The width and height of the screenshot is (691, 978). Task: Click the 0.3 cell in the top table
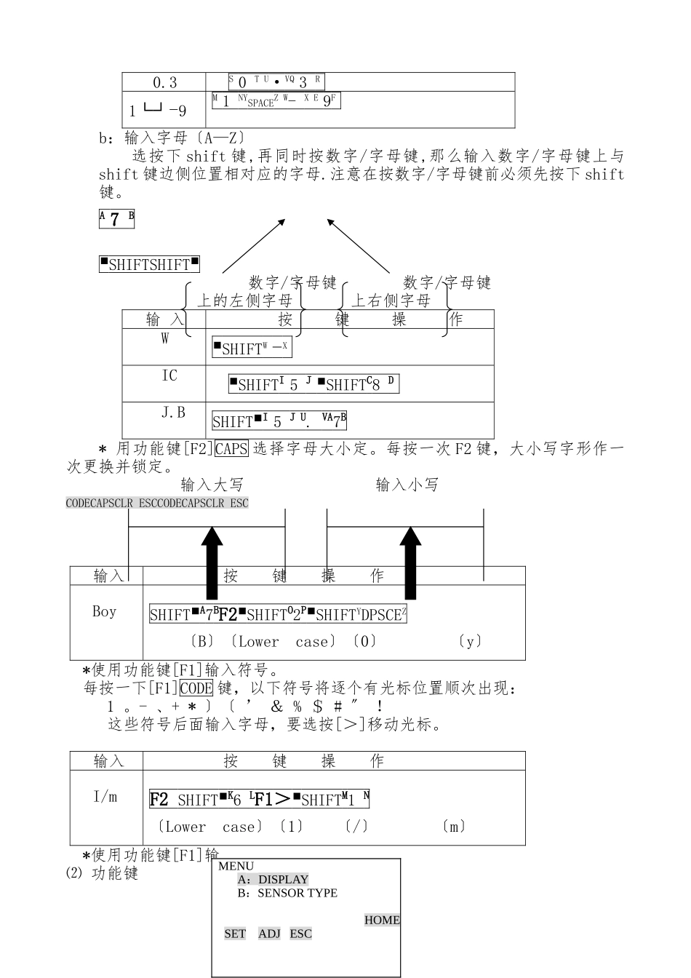click(x=164, y=82)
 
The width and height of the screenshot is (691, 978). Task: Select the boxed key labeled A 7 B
click(x=116, y=218)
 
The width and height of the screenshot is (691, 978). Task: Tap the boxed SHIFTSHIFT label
click(x=149, y=264)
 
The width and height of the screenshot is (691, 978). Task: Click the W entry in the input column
click(x=165, y=338)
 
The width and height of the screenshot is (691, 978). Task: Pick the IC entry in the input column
click(x=169, y=375)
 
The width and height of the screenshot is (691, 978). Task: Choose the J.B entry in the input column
click(x=173, y=413)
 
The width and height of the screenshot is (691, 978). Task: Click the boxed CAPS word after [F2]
click(x=231, y=449)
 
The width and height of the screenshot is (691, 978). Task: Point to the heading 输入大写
click(x=212, y=485)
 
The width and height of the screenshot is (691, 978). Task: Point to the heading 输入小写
click(x=407, y=485)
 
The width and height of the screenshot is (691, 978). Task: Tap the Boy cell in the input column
click(x=104, y=611)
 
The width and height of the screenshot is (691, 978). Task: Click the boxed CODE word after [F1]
click(x=196, y=688)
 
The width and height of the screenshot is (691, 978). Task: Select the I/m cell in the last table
click(x=105, y=797)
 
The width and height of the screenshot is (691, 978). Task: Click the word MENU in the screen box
click(x=236, y=866)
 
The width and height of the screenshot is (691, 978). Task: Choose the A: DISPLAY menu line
click(x=273, y=879)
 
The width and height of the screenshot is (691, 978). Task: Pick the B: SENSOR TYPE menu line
click(x=287, y=893)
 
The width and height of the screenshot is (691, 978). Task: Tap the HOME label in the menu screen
click(x=382, y=920)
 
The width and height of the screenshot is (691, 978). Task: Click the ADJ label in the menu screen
click(x=269, y=934)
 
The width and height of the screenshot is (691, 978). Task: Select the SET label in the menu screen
click(x=235, y=934)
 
